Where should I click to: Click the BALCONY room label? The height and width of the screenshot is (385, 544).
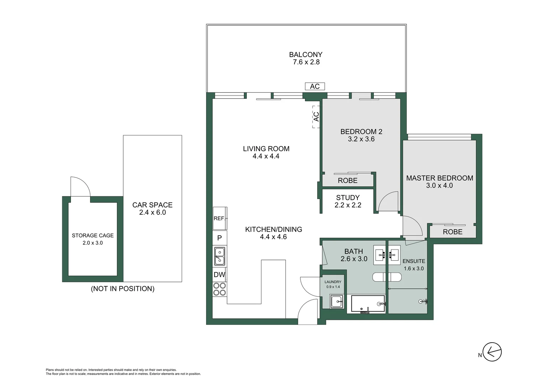point(305,55)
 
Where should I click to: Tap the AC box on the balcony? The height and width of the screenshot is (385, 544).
point(315,86)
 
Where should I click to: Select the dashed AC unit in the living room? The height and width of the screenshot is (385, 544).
point(316,117)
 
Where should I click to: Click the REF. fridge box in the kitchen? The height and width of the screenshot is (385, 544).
point(220,218)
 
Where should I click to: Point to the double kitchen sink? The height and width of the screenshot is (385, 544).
point(220,256)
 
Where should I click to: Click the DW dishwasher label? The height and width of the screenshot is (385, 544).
point(220,275)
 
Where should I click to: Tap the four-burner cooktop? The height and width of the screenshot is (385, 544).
point(220,289)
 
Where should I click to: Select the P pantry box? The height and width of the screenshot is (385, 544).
point(220,238)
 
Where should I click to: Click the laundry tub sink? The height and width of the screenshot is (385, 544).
point(336,302)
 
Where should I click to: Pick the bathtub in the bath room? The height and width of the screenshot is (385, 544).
point(368,304)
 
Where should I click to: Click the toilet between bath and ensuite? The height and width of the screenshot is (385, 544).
point(387,277)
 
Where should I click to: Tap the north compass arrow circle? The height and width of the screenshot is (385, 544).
point(492,352)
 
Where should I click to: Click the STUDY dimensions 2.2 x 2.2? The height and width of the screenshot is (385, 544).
point(348,205)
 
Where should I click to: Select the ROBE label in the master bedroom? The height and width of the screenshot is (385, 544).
point(453,232)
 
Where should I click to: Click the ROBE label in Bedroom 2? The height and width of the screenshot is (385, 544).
point(347,180)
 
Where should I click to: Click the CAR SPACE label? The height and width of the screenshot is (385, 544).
point(152,205)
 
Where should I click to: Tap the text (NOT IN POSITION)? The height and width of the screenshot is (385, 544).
point(123,288)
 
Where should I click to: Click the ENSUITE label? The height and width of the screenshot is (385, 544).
point(414,261)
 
